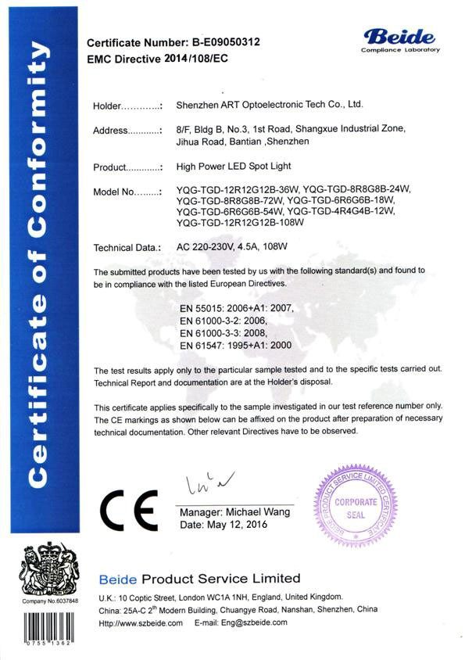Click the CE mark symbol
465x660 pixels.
click(130, 511)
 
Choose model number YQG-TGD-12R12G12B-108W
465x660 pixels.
click(240, 222)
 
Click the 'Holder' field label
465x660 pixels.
click(109, 105)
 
